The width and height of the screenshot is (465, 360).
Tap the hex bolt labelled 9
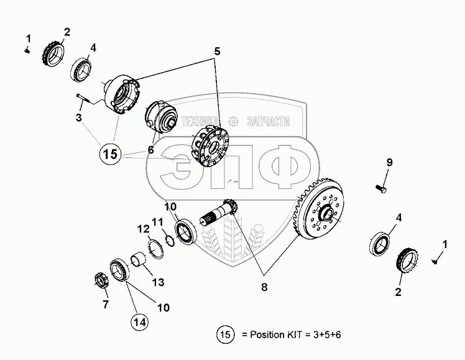(x=381, y=188)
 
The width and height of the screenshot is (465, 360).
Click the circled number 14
(x=140, y=321)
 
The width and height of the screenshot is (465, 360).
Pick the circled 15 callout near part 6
(x=110, y=154)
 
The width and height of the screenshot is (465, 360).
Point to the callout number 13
(x=159, y=282)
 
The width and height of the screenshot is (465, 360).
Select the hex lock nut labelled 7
(x=100, y=280)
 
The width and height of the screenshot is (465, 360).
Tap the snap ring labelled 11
(x=170, y=240)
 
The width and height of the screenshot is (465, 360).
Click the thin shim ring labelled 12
(x=155, y=249)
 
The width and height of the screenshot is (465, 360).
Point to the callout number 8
(x=264, y=287)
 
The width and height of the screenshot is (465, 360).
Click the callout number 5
(x=218, y=52)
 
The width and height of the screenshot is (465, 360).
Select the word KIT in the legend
(x=294, y=335)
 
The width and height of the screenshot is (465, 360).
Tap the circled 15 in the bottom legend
(x=226, y=335)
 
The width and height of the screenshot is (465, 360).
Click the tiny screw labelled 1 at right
(x=435, y=261)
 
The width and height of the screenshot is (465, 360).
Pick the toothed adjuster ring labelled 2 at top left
(x=53, y=54)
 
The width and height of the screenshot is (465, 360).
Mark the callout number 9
(x=389, y=162)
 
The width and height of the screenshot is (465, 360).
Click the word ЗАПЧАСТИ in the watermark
(x=268, y=121)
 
